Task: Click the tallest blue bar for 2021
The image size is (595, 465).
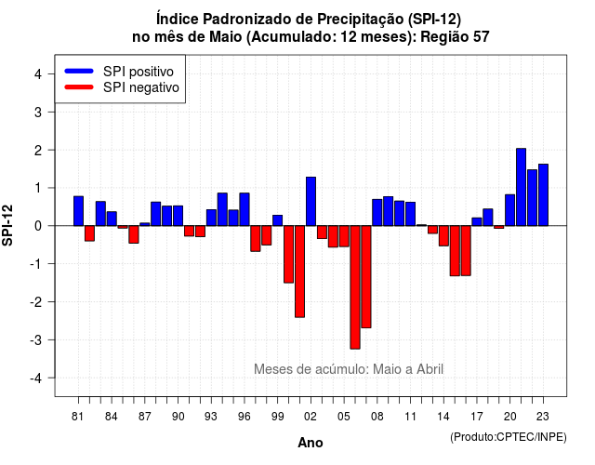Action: (x=521, y=187)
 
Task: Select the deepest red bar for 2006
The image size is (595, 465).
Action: (x=355, y=287)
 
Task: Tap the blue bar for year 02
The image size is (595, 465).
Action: (x=311, y=201)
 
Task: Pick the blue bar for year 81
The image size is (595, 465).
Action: (x=78, y=211)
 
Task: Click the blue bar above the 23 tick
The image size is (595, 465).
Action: (x=543, y=194)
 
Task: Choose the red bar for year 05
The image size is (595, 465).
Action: (x=344, y=236)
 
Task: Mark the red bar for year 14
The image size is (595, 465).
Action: (x=443, y=235)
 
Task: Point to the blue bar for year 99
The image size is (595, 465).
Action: (x=278, y=220)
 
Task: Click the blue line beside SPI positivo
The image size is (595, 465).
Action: (x=79, y=71)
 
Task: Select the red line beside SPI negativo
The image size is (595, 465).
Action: (x=79, y=86)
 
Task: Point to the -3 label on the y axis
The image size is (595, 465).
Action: (x=36, y=340)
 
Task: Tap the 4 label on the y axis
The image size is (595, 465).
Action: (x=38, y=74)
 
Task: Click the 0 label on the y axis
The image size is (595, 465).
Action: (x=38, y=226)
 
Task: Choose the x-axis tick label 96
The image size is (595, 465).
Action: (x=245, y=417)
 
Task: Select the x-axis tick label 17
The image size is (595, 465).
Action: (x=477, y=417)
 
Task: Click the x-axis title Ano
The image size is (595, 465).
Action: (x=311, y=443)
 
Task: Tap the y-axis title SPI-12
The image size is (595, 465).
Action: (x=7, y=225)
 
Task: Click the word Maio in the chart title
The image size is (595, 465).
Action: (x=226, y=37)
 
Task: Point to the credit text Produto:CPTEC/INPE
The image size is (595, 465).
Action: (x=509, y=437)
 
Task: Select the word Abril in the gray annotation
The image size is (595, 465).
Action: (x=430, y=369)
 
